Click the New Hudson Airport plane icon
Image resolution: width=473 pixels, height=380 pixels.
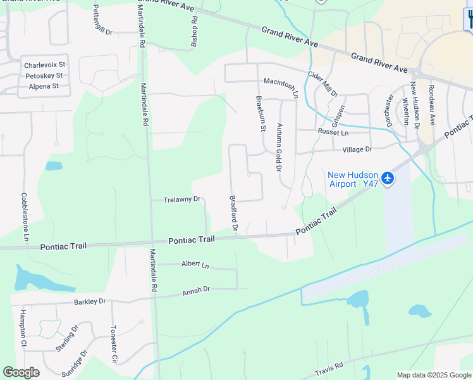pos(388,179)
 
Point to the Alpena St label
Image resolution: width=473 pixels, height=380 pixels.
pos(42,85)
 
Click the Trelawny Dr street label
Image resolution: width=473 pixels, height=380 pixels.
pos(182,199)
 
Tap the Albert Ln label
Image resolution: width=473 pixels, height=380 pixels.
pos(195,263)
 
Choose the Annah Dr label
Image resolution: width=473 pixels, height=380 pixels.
pos(195,289)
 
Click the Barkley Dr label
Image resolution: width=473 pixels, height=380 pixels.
pos(89,301)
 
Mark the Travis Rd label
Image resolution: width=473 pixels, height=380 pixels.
pos(329,365)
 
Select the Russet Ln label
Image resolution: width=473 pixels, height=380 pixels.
pos(333,133)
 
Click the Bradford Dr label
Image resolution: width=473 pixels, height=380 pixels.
pos(233,213)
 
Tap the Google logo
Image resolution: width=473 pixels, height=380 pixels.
pos(21,372)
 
